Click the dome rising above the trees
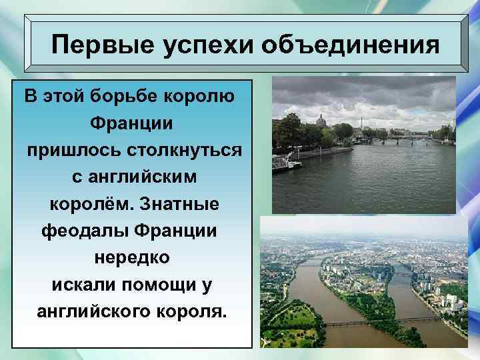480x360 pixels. pyautogui.click(x=321, y=120)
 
